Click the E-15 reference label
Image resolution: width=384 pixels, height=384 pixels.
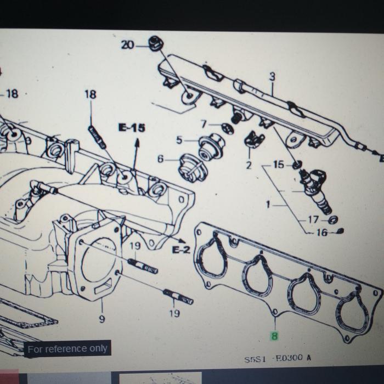(x=132, y=128)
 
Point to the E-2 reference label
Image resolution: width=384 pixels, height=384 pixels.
(x=181, y=250)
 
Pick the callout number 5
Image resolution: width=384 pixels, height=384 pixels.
(x=179, y=140)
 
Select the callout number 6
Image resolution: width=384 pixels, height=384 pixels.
(x=160, y=159)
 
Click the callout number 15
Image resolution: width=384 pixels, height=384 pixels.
(x=279, y=164)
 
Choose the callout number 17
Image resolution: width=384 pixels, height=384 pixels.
(x=313, y=219)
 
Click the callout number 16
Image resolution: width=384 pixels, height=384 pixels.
(x=321, y=233)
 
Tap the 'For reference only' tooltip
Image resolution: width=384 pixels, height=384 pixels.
(x=67, y=348)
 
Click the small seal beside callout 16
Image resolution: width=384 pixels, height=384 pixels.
(x=340, y=230)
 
